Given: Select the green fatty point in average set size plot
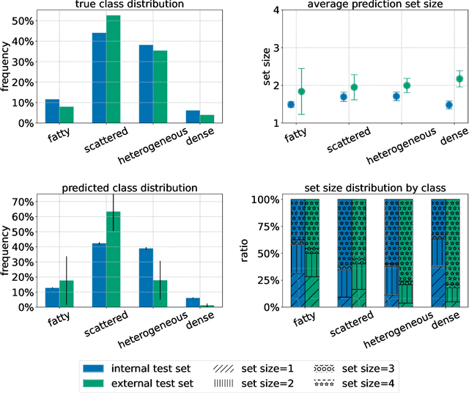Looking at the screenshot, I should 300,92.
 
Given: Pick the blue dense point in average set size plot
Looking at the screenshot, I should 448,105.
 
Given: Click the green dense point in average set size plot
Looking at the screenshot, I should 459,78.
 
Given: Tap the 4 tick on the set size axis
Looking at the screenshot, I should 276,10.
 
